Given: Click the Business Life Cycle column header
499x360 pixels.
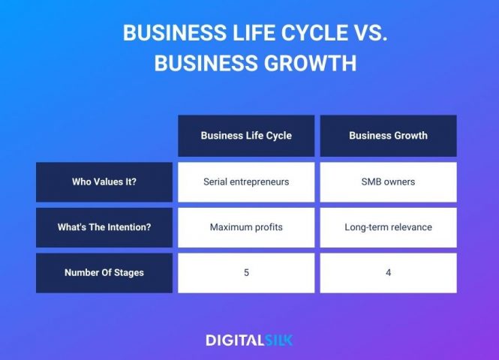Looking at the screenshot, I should pos(246,136).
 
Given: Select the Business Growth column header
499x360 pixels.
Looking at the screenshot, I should pos(388,136).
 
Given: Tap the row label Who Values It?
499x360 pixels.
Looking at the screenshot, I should pos(104,181).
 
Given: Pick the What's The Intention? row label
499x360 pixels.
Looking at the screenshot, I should pos(104,227).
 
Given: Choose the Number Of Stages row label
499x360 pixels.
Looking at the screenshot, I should pos(104,272).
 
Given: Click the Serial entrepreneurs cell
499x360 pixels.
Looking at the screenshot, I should pos(246,181).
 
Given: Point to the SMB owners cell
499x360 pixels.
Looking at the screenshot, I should pos(388,181).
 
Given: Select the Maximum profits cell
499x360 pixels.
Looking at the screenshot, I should pos(246,227).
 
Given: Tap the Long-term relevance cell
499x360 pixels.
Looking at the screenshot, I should pos(388,227).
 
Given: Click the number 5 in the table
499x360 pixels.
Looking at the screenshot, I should pos(246,272).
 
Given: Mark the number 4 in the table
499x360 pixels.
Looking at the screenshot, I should pos(388,272).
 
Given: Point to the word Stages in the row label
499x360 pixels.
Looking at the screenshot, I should pos(128,272).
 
